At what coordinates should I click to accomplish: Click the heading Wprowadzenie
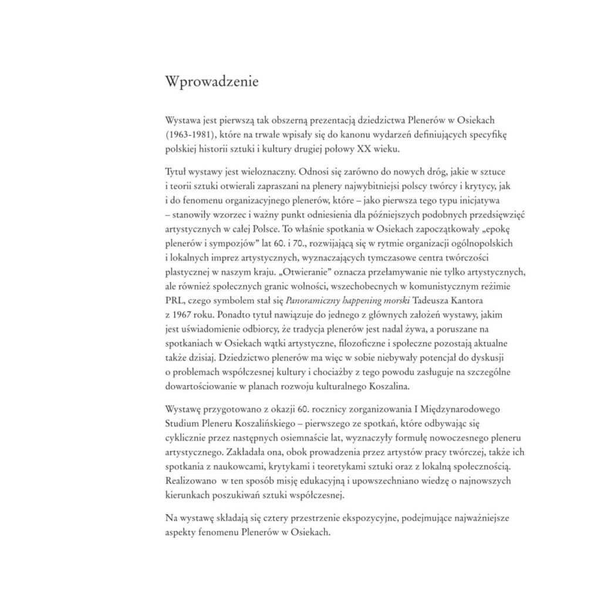(212, 80)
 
